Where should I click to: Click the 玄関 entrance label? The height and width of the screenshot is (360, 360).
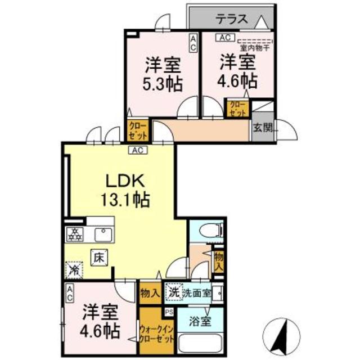click(263, 127)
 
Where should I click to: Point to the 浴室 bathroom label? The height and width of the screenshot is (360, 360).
click(201, 321)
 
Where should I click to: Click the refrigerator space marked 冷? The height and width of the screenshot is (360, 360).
click(75, 270)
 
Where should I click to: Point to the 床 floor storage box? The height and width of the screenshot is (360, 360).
click(99, 259)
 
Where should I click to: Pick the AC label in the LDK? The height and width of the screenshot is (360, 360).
click(137, 150)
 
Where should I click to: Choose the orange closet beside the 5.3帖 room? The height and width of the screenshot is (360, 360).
click(138, 130)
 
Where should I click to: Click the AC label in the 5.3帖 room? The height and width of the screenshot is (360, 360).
click(193, 43)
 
